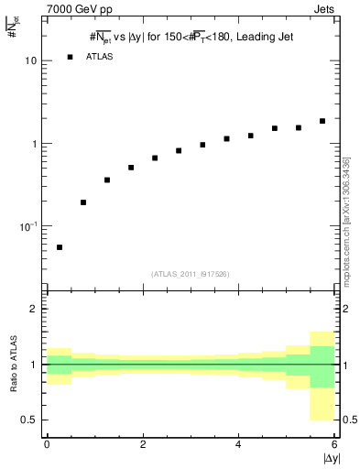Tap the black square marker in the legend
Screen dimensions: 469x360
tap(70, 57)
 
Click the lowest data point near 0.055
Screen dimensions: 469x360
tap(60, 247)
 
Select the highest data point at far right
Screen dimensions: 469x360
tap(322, 121)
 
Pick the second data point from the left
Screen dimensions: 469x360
tap(83, 202)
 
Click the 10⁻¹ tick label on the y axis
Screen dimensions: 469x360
tap(30, 226)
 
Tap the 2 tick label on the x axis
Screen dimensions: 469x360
tap(143, 444)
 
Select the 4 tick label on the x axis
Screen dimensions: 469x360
tap(238, 444)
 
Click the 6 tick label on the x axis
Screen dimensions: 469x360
tap(333, 444)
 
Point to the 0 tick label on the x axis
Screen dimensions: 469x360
tap(47, 444)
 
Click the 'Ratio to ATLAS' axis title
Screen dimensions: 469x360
tap(13, 365)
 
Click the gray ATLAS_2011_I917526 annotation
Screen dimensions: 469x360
tap(191, 274)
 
